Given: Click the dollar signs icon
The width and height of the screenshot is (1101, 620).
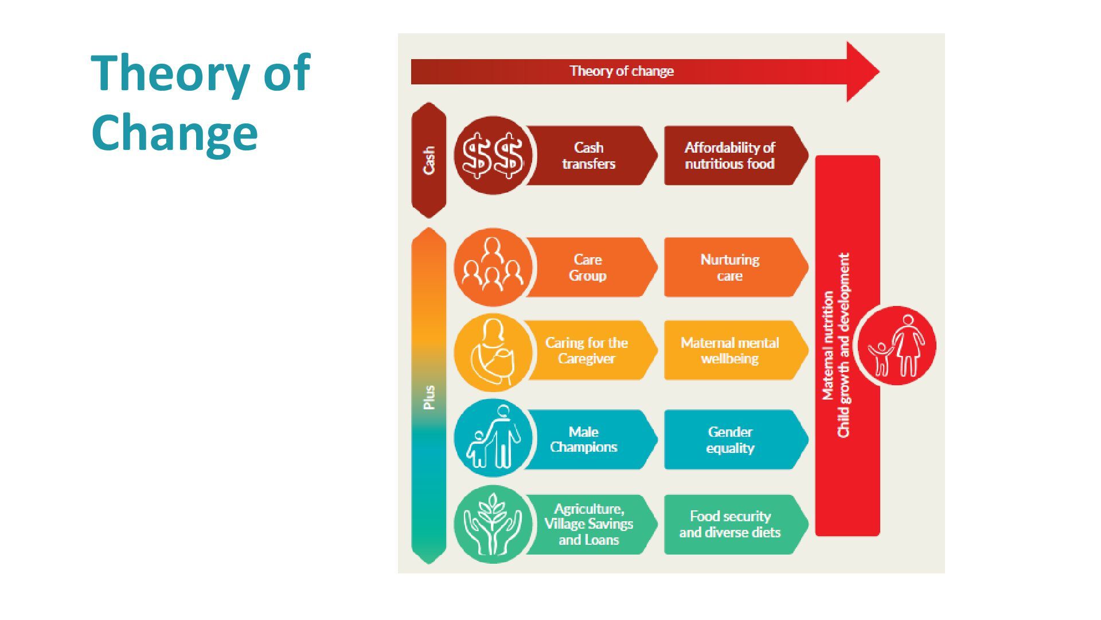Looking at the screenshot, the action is click(493, 156).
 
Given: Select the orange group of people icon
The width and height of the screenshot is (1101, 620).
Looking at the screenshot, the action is click(493, 268).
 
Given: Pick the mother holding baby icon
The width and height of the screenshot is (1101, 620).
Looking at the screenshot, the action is click(493, 351).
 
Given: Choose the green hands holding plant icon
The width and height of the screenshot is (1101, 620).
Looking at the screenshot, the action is click(493, 524).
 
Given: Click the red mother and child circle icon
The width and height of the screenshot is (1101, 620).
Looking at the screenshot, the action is click(897, 346).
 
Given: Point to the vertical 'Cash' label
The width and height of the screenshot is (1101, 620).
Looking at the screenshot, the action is click(429, 160).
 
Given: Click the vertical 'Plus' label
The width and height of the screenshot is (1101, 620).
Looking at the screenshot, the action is click(429, 397).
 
